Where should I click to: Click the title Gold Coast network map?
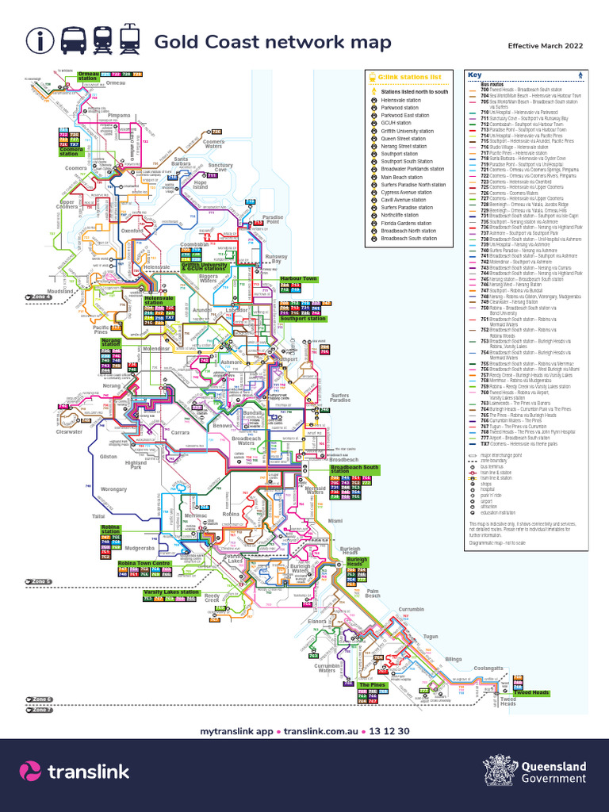272,42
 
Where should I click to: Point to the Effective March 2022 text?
546,46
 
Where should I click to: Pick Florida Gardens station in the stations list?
408,223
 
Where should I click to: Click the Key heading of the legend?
475,75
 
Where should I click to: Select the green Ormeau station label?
89,76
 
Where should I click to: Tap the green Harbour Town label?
298,278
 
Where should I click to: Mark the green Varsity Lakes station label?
171,592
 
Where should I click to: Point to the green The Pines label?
372,684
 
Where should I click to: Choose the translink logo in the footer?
71,772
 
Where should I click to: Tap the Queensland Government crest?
496,771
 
